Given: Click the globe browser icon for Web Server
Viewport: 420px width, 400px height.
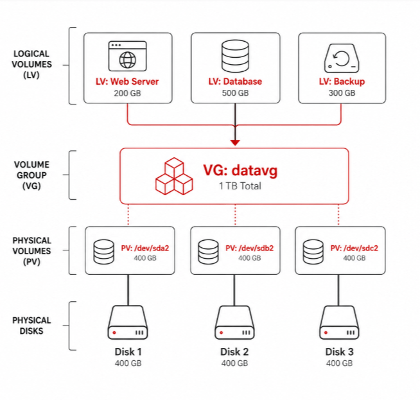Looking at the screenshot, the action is pos(128,56).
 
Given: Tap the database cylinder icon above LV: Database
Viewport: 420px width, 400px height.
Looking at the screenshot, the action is pos(235,56).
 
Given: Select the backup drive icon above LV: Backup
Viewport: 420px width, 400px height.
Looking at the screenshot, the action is pos(342,58).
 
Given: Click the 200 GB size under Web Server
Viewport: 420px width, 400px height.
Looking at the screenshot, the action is pos(127,93).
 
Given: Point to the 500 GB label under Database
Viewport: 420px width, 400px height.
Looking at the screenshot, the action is pos(235,93).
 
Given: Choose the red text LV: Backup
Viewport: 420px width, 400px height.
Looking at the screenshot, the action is pos(342,82).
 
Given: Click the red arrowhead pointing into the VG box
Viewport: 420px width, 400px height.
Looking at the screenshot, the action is pos(235,143).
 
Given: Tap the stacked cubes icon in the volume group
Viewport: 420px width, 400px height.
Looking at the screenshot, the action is pos(174,176).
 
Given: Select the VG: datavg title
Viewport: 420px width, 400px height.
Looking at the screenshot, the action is pos(240,170).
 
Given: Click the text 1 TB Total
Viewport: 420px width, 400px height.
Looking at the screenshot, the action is pos(240,186).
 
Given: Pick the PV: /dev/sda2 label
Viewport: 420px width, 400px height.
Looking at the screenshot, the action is pos(145,248).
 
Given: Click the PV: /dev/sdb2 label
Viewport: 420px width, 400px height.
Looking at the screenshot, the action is pos(249,248).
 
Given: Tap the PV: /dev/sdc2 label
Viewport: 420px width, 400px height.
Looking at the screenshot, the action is pos(354,248).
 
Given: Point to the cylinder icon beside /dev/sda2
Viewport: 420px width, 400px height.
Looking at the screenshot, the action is pos(103,252).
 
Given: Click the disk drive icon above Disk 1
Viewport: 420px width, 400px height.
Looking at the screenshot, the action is pos(128,322).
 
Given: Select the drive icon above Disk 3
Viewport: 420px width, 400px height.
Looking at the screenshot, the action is pos(339,322).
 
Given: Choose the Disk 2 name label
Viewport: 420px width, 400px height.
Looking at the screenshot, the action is pos(234,352).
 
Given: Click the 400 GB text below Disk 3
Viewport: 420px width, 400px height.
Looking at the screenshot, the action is pos(339,363).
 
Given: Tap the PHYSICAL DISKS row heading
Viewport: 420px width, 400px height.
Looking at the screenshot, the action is pos(31,326).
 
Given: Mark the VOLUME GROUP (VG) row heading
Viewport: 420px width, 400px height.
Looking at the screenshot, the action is pos(31,175).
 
